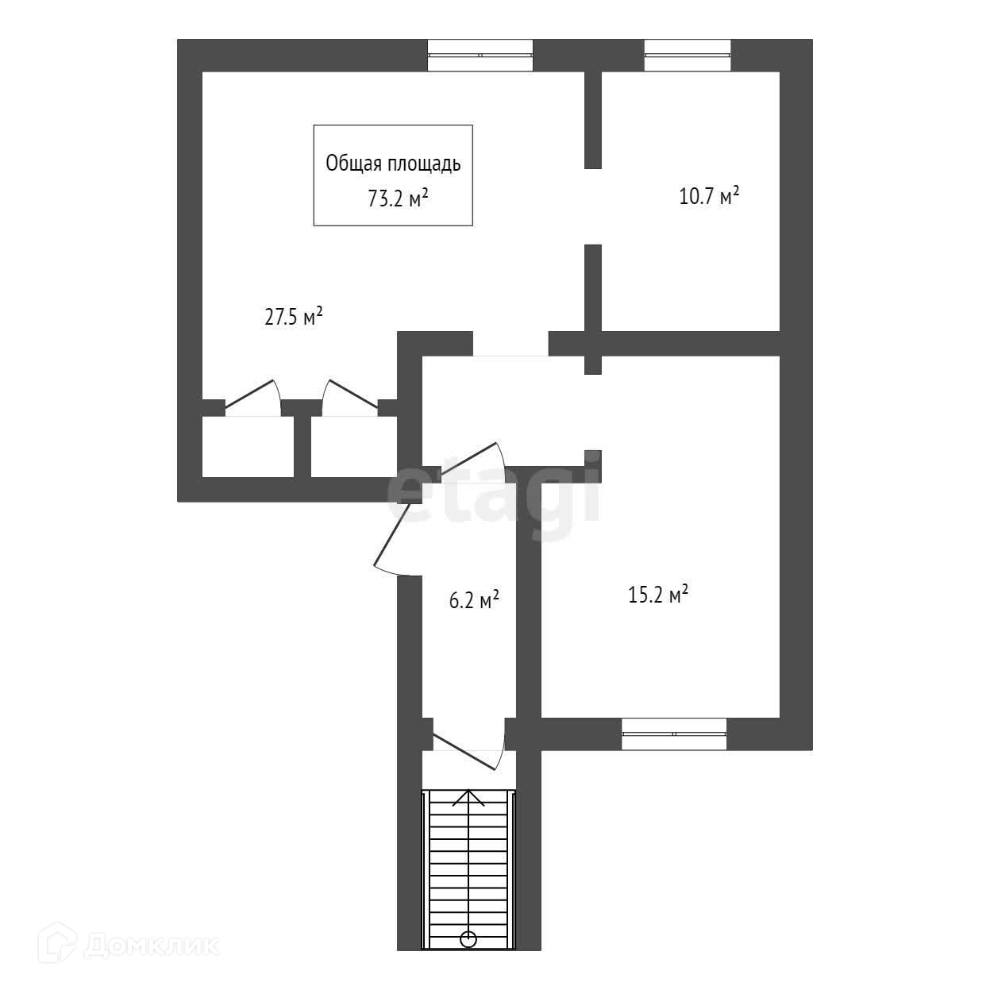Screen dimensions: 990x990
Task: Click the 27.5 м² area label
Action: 293,318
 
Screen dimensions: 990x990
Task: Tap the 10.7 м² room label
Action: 709,196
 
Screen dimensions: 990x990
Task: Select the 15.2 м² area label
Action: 657,595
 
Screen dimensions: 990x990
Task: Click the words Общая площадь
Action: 393,164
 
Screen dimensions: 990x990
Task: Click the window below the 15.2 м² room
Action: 673,734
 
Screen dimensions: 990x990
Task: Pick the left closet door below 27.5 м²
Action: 252,399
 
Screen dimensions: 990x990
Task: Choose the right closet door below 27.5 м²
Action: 349,399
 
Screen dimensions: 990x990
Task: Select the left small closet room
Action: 248,446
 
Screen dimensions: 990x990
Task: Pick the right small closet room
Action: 353,446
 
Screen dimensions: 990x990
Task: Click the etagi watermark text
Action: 493,493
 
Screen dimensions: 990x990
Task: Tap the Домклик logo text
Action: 152,945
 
